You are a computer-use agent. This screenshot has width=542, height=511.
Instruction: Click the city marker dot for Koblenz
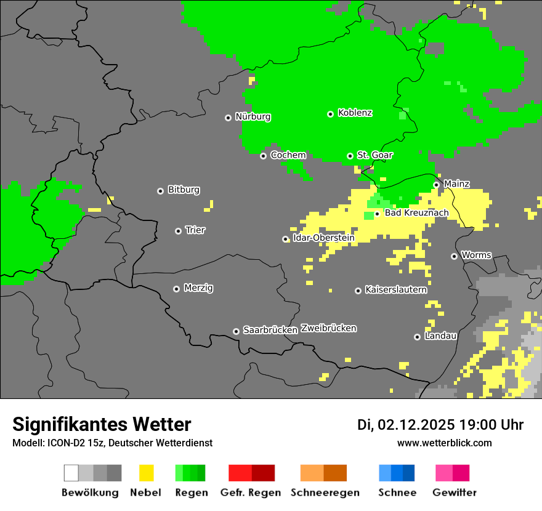[x=331, y=114]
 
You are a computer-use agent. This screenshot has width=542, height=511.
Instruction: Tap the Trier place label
[x=195, y=230]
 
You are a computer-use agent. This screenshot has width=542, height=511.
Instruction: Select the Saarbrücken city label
[x=270, y=330]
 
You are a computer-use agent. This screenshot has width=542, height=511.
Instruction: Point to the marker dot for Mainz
[x=437, y=185]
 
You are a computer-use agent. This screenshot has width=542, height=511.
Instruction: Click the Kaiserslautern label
[x=396, y=289]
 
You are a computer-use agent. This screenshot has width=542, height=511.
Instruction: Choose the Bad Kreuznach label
[x=416, y=213]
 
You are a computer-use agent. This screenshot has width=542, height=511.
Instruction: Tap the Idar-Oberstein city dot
[x=286, y=239]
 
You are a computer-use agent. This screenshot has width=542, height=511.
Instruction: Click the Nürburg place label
[x=253, y=116]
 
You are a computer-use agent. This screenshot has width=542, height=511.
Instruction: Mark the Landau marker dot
[x=418, y=337]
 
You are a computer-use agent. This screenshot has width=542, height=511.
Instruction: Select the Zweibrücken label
[x=328, y=328]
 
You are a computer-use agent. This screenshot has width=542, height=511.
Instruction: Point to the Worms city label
[x=476, y=255]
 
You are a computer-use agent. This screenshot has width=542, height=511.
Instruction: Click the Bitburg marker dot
[x=161, y=191]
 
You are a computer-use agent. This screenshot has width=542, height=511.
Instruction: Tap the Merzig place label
[x=198, y=288]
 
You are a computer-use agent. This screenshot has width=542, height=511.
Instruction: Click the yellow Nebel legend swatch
[x=146, y=473]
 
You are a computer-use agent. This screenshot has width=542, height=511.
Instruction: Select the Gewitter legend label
[x=455, y=493]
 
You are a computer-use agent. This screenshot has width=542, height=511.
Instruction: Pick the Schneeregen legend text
[x=325, y=493]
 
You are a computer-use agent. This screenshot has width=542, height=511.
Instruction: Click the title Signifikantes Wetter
[x=102, y=424]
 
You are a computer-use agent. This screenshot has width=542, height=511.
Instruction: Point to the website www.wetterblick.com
[x=444, y=443]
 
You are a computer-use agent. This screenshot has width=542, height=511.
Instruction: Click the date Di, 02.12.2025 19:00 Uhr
[x=440, y=425]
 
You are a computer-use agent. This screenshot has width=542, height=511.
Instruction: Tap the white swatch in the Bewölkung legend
[x=71, y=473]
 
